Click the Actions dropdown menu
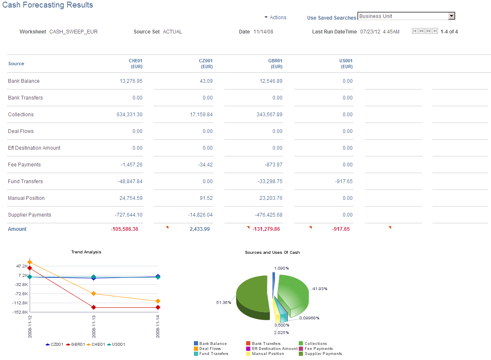tap(275, 18)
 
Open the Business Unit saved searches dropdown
tap(406, 16)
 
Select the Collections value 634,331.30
tap(129, 115)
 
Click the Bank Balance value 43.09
tap(206, 81)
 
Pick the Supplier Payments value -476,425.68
tap(268, 215)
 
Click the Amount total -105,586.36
tap(124, 229)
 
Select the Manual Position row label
tap(26, 198)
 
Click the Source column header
tap(16, 64)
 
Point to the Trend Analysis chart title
tap(86, 252)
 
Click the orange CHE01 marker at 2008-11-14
tap(158, 301)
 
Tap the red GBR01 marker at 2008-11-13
tap(94, 307)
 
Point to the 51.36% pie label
tap(224, 303)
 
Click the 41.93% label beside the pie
tap(320, 289)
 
